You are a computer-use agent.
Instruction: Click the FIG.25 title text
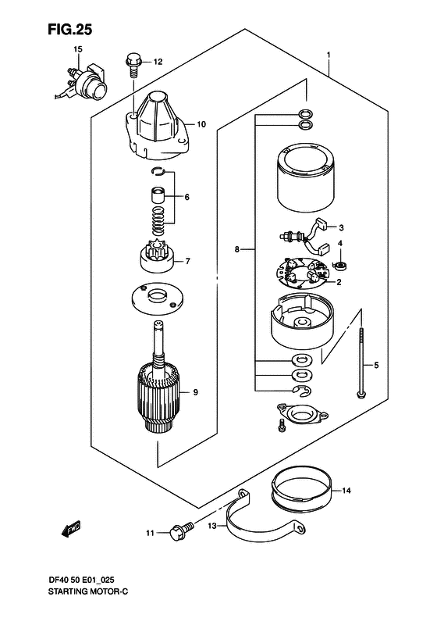pyautogui.click(x=69, y=29)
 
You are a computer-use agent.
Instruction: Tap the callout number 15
pyautogui.click(x=78, y=49)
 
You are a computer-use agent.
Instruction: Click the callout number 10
pyautogui.click(x=201, y=124)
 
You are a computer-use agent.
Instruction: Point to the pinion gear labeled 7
pyautogui.click(x=158, y=258)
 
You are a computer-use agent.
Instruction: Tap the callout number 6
pyautogui.click(x=187, y=197)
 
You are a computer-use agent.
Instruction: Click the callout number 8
pyautogui.click(x=237, y=249)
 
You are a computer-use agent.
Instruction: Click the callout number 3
pyautogui.click(x=341, y=227)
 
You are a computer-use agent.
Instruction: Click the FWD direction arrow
pyautogui.click(x=71, y=529)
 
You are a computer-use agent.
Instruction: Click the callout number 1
pyautogui.click(x=329, y=54)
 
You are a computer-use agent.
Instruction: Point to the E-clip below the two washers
pyautogui.click(x=302, y=390)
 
